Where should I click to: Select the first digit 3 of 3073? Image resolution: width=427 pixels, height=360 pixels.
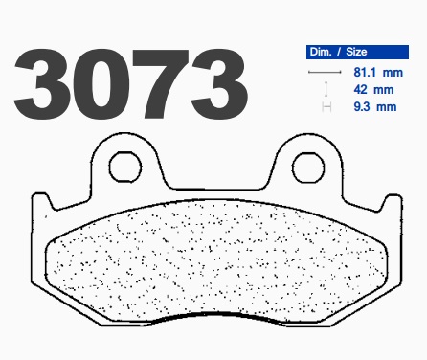[42, 84]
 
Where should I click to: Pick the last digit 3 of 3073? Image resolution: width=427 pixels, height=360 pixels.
[219, 84]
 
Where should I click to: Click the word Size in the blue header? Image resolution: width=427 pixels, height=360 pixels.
[356, 52]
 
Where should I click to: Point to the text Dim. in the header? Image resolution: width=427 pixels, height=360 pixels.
[321, 52]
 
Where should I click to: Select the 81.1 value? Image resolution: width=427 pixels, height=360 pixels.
[365, 73]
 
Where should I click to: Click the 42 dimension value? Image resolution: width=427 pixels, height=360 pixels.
[360, 90]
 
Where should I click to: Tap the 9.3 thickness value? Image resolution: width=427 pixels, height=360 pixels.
[362, 106]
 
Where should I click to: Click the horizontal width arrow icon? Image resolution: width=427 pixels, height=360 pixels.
[325, 72]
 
